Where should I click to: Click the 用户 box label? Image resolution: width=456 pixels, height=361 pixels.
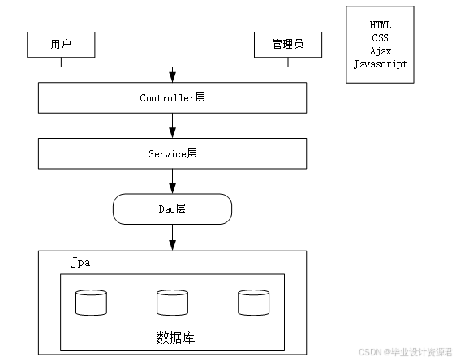[x=61, y=44]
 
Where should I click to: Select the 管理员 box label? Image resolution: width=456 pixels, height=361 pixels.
[x=288, y=44]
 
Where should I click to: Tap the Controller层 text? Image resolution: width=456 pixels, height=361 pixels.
[x=172, y=97]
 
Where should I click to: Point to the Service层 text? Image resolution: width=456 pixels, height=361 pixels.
[x=173, y=153]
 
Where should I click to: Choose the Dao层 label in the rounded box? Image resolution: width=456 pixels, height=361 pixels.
[x=172, y=209]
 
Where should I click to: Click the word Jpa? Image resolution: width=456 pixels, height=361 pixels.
[x=81, y=263]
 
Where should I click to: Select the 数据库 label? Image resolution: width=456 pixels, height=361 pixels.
[x=175, y=337]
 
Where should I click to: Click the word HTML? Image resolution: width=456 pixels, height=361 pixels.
[x=380, y=25]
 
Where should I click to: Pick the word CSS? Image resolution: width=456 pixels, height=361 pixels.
[x=380, y=38]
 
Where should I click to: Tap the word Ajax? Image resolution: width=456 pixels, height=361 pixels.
[x=381, y=51]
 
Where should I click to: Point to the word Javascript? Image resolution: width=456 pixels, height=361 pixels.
[x=381, y=64]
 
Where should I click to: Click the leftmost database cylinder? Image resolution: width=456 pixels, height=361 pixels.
[x=91, y=303]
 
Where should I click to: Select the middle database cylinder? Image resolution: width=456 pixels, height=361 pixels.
[x=172, y=303]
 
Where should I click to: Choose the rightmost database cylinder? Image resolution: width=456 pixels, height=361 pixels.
[x=253, y=303]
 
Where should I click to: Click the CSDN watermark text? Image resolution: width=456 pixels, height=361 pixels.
[x=406, y=352]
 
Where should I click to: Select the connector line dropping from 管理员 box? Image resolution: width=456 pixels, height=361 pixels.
[x=288, y=62]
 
